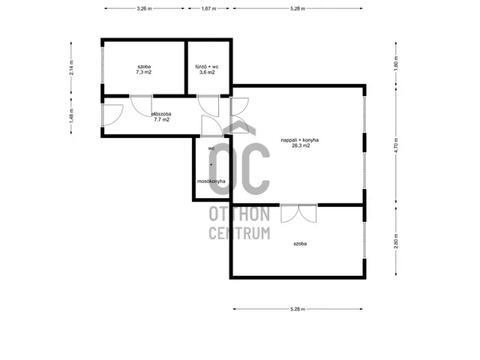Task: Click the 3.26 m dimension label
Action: [x=144, y=8]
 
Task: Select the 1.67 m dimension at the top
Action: [x=208, y=8]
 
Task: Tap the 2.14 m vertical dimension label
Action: [x=71, y=67]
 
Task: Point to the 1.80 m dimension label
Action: [x=396, y=64]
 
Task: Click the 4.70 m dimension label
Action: [x=396, y=145]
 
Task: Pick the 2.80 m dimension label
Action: [x=396, y=241]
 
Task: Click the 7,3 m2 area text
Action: [x=144, y=73]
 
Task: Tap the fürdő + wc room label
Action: [x=207, y=67]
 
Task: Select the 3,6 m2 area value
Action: [x=207, y=73]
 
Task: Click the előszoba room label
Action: [x=161, y=114]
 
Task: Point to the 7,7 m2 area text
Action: [x=162, y=120]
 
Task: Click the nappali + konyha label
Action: [x=300, y=140]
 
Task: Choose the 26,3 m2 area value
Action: [x=301, y=146]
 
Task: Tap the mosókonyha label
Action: [x=211, y=181]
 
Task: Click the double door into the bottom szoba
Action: [x=298, y=213]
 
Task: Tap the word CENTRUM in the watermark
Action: [x=239, y=233]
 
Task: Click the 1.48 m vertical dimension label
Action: [x=71, y=116]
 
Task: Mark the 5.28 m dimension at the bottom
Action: [x=298, y=309]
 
